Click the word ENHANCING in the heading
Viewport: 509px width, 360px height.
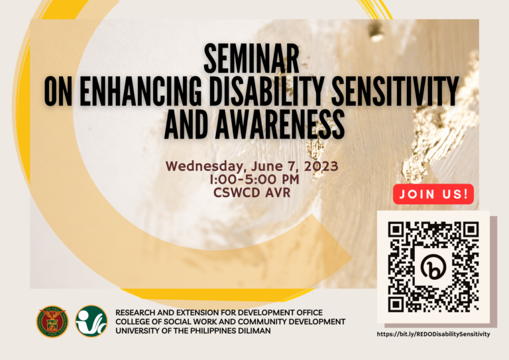[135, 92]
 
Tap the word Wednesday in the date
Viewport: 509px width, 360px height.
[199, 166]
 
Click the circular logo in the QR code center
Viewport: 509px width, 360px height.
[433, 267]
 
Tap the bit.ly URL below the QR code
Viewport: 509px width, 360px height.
[433, 334]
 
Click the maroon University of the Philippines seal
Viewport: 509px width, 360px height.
[52, 322]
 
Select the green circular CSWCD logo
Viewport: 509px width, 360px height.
[91, 322]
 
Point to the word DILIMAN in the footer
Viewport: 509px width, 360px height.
[252, 331]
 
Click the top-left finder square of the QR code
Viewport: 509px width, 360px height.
[397, 231]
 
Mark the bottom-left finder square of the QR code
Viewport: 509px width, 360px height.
[397, 304]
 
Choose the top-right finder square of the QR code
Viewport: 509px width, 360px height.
[470, 231]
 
